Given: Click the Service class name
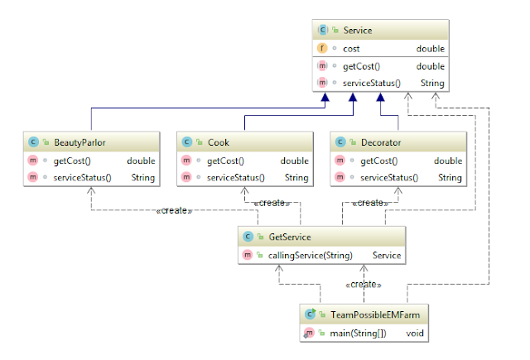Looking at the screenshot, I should click(358, 31).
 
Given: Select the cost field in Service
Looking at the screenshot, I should click(352, 49).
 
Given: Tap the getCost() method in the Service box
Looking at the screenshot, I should click(361, 66).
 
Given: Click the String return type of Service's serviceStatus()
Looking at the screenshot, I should click(432, 83).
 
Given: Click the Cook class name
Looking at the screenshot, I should click(218, 142).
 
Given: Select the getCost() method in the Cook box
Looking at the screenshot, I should click(224, 161).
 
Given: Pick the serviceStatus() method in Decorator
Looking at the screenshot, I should click(389, 177).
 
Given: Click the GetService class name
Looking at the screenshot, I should click(290, 238).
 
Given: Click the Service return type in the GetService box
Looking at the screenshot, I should click(387, 256).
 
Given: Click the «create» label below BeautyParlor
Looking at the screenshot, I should click(175, 211).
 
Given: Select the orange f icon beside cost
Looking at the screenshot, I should click(321, 49).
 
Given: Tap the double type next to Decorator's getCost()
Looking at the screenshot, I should click(448, 161).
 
